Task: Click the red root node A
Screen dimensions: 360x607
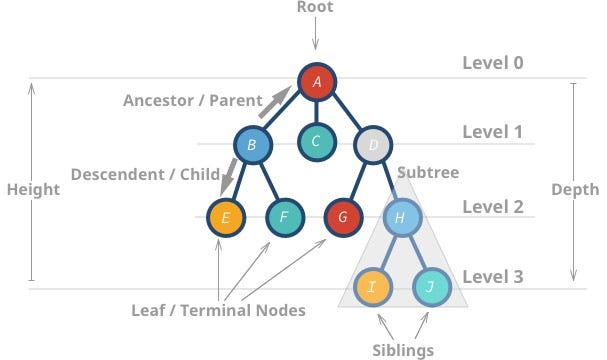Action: coord(316,82)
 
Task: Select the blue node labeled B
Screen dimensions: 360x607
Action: coord(252,146)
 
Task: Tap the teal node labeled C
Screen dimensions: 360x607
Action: coord(315,141)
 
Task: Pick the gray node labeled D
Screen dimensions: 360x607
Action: coord(372,146)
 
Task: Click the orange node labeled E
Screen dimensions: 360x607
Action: coord(225,216)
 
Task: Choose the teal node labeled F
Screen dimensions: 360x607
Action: coord(284,216)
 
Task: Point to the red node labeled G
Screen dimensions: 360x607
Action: coord(342,216)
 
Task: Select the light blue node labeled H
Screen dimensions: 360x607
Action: coord(400,216)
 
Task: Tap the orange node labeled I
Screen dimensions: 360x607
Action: coord(371,287)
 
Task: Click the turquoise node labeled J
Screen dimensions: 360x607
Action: coord(431,287)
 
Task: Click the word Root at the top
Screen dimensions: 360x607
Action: coord(316,8)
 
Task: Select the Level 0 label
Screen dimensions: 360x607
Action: coord(493,63)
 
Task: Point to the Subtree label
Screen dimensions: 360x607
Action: coord(428,173)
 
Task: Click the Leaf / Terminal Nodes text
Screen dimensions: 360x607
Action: coord(218,310)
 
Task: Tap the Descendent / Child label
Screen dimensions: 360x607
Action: coord(145,174)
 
